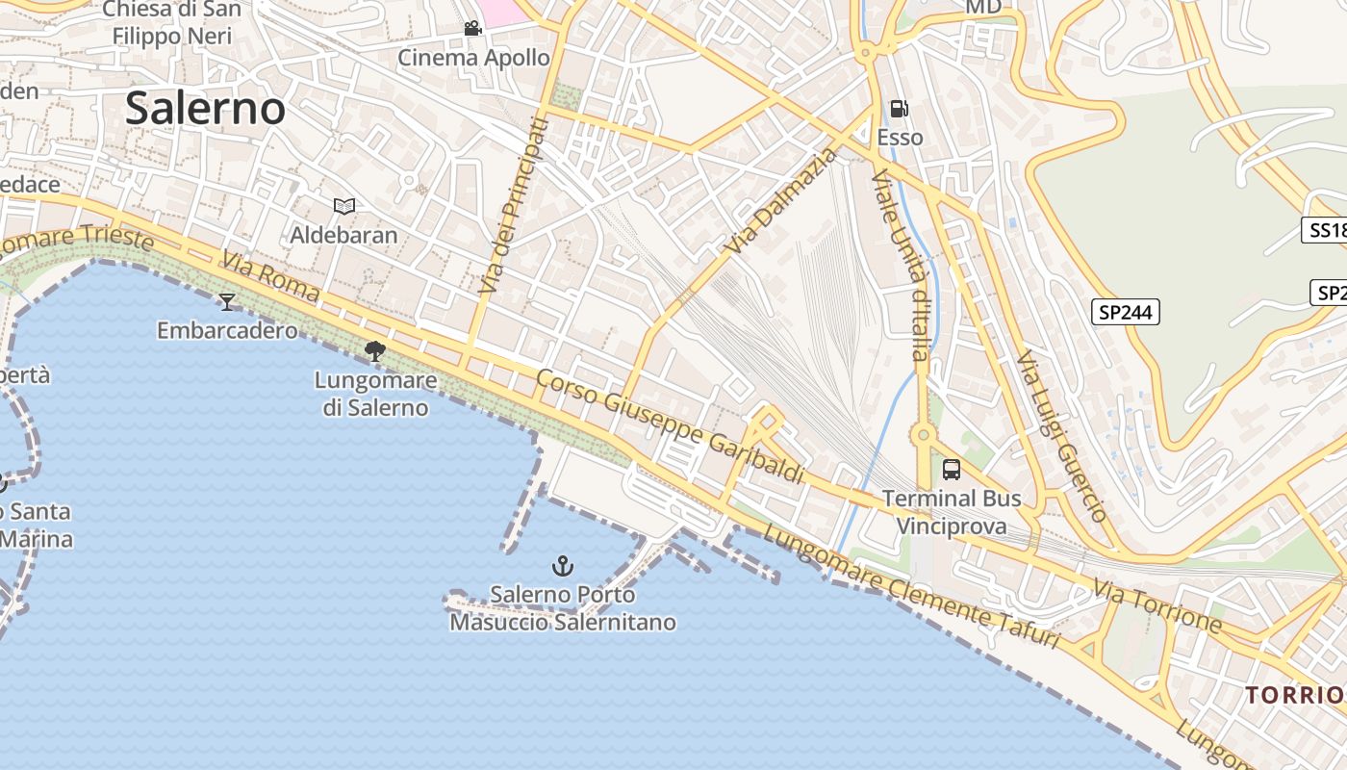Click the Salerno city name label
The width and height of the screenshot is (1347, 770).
click(x=205, y=108)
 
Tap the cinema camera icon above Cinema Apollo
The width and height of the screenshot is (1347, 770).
click(x=472, y=29)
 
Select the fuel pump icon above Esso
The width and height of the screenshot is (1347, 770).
click(x=899, y=109)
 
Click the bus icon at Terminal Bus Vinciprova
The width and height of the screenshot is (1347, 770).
click(x=951, y=470)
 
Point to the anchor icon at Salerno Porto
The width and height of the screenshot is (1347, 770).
click(x=563, y=565)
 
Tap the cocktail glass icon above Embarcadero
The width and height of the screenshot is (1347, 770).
click(x=227, y=302)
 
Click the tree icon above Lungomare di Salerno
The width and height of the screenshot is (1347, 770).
click(x=375, y=351)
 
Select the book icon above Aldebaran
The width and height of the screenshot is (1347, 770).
click(x=343, y=206)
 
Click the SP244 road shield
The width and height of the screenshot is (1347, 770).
click(x=1125, y=312)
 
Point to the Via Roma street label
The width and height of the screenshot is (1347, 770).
click(x=270, y=276)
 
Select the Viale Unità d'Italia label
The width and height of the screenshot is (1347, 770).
click(x=902, y=265)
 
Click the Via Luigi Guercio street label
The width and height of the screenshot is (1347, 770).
click(x=1061, y=436)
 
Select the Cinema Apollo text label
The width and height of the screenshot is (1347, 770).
click(x=474, y=58)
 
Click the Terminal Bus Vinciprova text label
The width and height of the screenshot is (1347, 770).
click(x=952, y=512)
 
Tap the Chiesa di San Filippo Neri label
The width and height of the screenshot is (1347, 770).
click(x=172, y=23)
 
